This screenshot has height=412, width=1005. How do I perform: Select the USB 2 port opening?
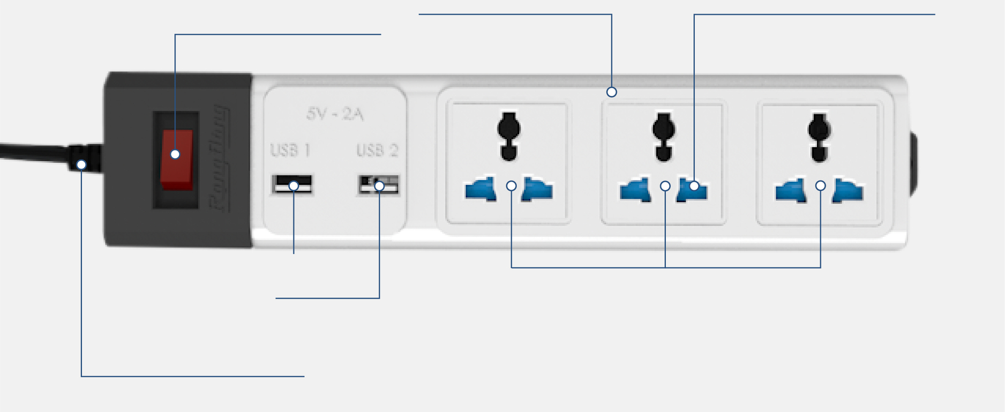click(378, 185)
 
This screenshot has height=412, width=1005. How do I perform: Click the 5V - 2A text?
click(335, 114)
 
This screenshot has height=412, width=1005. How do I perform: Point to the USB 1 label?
click(290, 151)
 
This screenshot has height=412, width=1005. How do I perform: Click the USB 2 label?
click(377, 151)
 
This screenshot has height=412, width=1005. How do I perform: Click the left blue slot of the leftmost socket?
click(481, 189)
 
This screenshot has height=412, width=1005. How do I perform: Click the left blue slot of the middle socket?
click(635, 190)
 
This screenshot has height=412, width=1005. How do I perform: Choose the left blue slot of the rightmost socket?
click(791, 191)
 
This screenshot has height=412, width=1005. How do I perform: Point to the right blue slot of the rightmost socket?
click(847, 191)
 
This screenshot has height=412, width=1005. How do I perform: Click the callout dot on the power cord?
click(81, 164)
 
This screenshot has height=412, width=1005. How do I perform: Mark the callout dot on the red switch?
click(175, 154)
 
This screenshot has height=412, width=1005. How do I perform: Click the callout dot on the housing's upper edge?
click(611, 92)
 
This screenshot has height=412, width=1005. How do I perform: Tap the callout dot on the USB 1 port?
click(294, 186)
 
